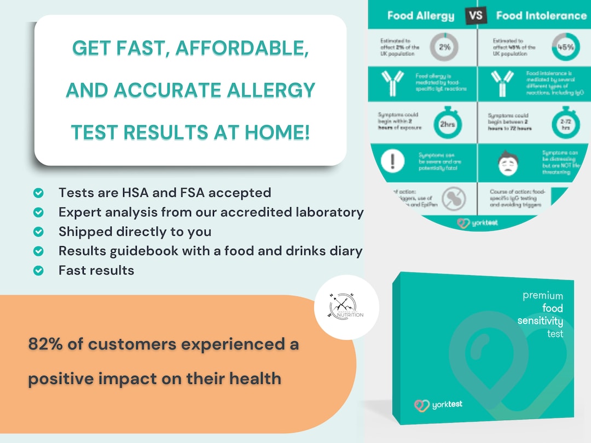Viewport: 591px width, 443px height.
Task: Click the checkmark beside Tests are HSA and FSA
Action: (38, 193)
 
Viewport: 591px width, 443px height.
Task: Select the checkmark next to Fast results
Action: (38, 270)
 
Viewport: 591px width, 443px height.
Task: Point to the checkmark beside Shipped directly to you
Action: (38, 231)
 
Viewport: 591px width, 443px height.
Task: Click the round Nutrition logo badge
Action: (346, 307)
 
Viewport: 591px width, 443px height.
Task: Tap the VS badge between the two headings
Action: (476, 15)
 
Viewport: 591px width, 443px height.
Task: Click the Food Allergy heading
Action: (420, 15)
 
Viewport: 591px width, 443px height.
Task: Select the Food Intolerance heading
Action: (541, 15)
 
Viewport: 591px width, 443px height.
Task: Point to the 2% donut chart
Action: (444, 47)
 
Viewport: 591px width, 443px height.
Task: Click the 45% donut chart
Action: (565, 47)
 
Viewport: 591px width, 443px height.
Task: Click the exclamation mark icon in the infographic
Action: (396, 160)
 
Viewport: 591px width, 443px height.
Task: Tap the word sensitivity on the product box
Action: (540, 320)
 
